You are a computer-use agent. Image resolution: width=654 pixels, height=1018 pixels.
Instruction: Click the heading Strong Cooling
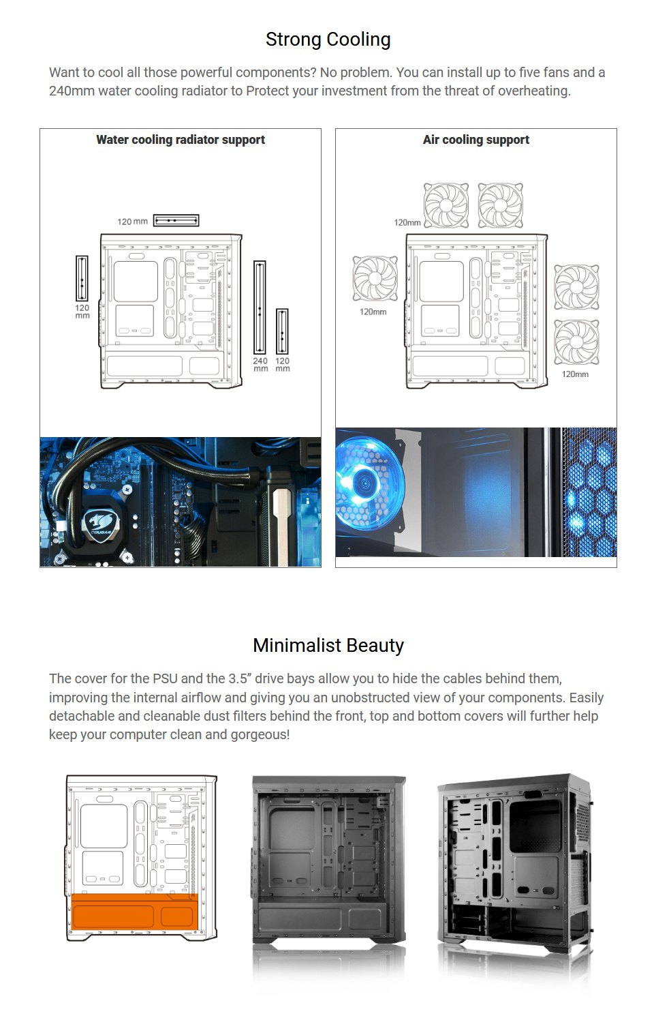[x=328, y=40]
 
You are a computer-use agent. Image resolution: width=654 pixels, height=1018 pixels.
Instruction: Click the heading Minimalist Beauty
[x=328, y=645]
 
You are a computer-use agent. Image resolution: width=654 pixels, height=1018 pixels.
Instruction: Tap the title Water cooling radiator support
[x=181, y=140]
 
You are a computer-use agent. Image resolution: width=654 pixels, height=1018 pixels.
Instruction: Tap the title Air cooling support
[x=476, y=140]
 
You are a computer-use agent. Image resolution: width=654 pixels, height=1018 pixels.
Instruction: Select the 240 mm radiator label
[x=260, y=365]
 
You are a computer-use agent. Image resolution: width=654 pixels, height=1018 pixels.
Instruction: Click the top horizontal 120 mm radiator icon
[x=176, y=220]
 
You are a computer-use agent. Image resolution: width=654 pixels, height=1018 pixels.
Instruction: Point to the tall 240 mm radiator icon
[x=260, y=307]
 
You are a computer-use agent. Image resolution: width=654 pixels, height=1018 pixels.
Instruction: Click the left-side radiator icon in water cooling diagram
[x=82, y=278]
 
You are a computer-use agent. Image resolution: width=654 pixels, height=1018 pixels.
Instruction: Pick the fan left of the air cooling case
[x=375, y=278]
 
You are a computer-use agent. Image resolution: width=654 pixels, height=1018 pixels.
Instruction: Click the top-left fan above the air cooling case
[x=446, y=205]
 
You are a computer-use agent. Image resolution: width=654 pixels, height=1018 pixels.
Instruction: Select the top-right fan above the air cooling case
[x=501, y=205]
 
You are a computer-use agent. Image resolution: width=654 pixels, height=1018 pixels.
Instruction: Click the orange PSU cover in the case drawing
[x=134, y=912]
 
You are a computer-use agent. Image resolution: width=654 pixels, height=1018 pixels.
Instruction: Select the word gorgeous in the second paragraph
[x=262, y=734]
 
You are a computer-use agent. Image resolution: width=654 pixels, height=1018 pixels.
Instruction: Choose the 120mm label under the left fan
[x=373, y=312]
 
